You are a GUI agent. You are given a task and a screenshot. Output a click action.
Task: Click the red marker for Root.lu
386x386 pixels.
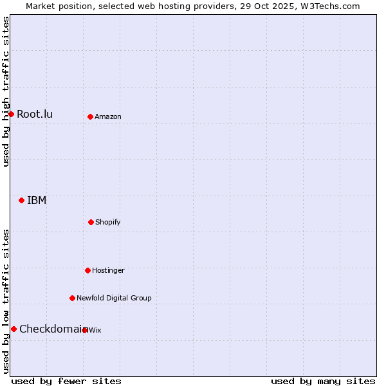[11, 114]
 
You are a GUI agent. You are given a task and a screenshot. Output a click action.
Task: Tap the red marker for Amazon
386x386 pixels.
[90, 116]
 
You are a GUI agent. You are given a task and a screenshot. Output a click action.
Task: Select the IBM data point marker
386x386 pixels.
[21, 200]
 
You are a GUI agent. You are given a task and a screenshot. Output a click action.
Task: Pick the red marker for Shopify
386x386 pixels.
[91, 222]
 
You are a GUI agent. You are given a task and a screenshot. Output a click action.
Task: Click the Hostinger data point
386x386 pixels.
[87, 270]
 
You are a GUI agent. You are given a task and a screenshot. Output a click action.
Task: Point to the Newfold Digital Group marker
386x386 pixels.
[72, 298]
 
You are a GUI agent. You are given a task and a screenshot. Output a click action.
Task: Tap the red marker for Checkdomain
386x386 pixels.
[14, 329]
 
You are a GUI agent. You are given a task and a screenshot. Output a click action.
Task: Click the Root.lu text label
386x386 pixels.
[35, 115]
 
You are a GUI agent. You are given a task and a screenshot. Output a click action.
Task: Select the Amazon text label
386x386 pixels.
[108, 117]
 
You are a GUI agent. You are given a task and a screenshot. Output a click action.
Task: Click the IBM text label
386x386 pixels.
[37, 201]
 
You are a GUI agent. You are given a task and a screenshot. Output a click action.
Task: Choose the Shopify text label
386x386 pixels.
[108, 223]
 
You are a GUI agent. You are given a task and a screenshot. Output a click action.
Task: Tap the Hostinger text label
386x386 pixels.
[108, 271]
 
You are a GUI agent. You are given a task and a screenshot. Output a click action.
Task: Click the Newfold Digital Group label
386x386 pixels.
[114, 299]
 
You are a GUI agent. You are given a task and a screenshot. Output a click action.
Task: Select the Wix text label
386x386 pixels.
[95, 331]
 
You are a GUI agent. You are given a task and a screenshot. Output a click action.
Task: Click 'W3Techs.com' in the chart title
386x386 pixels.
[332, 6]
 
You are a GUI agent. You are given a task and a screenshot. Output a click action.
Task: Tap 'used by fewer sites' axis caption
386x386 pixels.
[66, 381]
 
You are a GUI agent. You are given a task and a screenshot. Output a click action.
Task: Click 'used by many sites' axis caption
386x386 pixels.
[323, 381]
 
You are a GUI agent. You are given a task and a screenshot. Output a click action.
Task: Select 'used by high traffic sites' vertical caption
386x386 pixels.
[6, 91]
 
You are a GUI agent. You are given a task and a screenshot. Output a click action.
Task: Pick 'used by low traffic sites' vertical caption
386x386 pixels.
[6, 301]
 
